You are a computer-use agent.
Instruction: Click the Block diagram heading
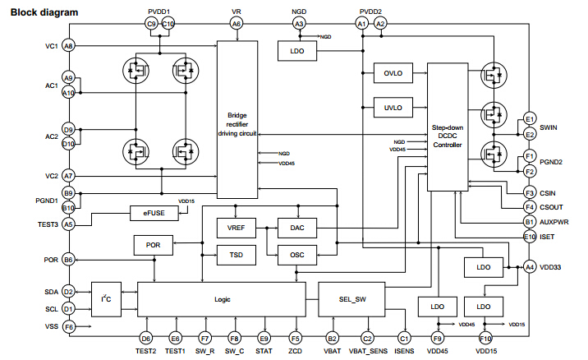(44, 12)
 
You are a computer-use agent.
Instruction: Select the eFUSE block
(154, 213)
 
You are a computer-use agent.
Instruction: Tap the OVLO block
(392, 73)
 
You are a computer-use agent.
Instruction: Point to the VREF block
(236, 228)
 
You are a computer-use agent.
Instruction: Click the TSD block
(236, 256)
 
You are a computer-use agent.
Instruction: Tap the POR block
(153, 245)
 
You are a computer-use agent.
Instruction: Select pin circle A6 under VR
(237, 25)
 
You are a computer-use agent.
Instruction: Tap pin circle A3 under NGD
(298, 25)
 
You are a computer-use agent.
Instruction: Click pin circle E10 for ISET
(530, 237)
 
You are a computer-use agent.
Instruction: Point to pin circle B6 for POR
(68, 260)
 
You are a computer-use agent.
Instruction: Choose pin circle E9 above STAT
(264, 337)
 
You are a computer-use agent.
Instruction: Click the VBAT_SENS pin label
(367, 352)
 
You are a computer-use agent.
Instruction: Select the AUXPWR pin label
(555, 222)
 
